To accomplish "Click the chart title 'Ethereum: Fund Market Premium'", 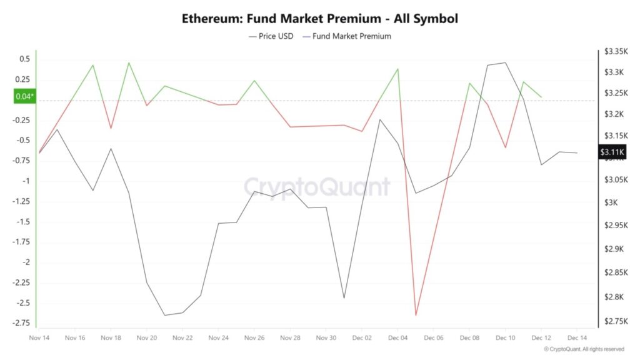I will point(319,19).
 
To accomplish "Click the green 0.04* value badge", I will point(25,96).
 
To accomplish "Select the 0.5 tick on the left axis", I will point(24,59).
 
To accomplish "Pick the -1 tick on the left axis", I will point(26,181).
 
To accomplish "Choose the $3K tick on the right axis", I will point(610,202).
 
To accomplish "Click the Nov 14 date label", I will point(39,337).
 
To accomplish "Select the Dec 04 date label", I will point(398,337).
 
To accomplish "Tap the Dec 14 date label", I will point(577,337).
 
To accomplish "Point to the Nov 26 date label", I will point(254,337).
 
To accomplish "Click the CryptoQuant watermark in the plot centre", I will point(316,186).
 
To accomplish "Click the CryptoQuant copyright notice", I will point(584,349).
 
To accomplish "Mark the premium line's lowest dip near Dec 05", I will point(416,315).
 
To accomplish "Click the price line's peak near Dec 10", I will point(505,62).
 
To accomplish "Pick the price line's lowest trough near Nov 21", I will point(165,315).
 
